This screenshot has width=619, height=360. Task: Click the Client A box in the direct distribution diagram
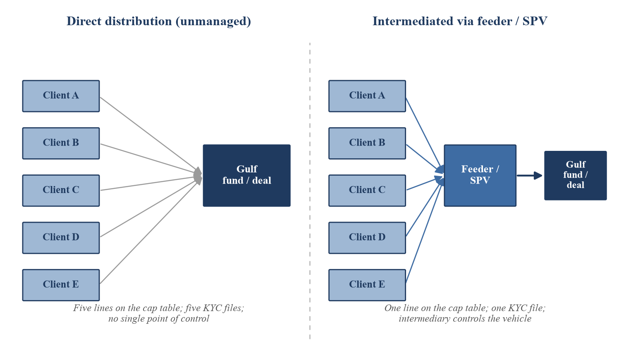[61, 96]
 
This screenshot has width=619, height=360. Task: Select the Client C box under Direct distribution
[61, 191]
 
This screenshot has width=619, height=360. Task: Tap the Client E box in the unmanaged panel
[61, 285]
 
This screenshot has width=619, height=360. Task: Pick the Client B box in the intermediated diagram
[367, 143]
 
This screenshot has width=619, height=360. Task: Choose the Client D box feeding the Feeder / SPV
[367, 238]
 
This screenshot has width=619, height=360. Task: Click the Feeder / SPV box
[480, 175]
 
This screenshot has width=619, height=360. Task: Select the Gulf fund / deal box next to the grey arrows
[246, 175]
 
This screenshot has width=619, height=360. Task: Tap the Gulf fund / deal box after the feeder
[575, 175]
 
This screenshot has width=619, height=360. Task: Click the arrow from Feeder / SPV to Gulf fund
[529, 175]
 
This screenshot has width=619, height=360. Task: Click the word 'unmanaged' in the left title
[213, 21]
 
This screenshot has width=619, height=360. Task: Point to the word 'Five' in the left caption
[82, 308]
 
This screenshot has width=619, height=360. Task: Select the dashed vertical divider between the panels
[310, 191]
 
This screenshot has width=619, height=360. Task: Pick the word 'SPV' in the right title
[534, 21]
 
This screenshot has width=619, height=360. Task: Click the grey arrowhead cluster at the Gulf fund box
[198, 176]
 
